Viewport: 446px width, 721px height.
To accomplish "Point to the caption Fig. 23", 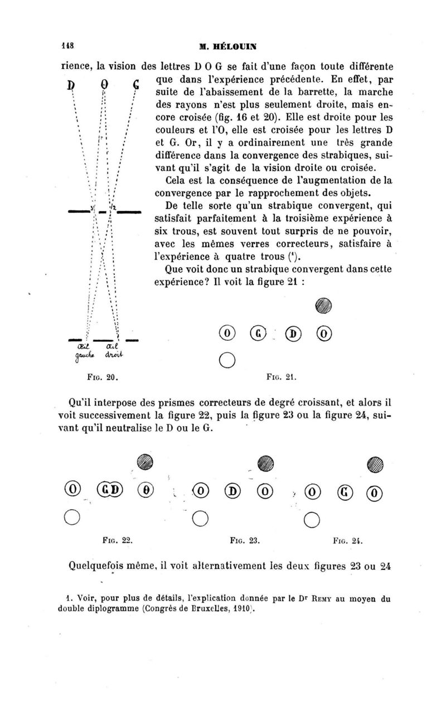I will [245, 540].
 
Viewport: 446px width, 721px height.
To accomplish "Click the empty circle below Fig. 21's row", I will [226, 358].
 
